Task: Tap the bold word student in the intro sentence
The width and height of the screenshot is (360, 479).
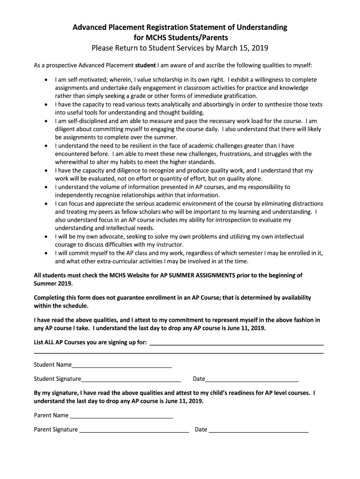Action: [x=145, y=65]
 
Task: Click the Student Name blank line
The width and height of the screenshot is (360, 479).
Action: [x=122, y=365]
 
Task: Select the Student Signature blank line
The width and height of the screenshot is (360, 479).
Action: [x=131, y=379]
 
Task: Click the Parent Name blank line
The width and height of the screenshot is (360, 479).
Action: [x=121, y=415]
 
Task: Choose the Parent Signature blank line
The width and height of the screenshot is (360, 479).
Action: [x=134, y=429]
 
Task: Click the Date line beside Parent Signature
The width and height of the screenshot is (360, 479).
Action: [x=258, y=429]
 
